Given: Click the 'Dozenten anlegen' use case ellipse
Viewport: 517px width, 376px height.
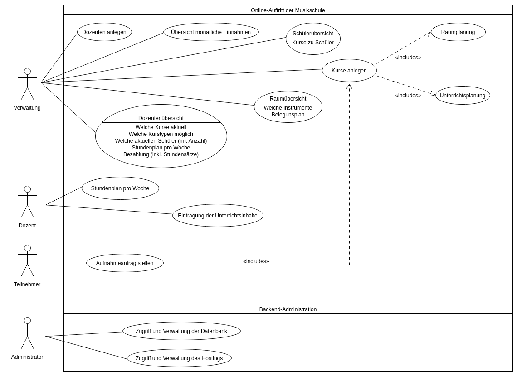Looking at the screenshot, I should (x=104, y=32).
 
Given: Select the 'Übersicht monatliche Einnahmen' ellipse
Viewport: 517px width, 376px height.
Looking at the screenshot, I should (x=211, y=32).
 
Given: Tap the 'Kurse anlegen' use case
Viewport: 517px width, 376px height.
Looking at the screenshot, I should (x=349, y=71).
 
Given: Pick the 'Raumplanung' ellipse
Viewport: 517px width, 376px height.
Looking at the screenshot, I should (x=458, y=32).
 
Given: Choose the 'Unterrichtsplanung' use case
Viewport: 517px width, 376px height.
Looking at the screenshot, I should (x=463, y=96).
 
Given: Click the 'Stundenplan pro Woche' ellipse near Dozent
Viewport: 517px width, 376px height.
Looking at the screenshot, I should (x=120, y=188).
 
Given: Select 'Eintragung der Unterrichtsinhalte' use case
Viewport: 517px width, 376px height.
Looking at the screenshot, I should (x=218, y=216).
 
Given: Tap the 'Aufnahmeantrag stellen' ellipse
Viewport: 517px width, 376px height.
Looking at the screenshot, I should (x=125, y=263).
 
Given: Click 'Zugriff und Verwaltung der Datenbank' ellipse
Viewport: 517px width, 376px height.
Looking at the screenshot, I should (x=181, y=331).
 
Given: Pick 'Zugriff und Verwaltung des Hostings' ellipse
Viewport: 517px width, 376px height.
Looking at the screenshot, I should (x=179, y=358).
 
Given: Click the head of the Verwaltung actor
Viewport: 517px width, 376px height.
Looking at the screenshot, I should (x=27, y=72).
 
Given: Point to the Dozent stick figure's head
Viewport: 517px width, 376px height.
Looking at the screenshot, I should (x=27, y=189).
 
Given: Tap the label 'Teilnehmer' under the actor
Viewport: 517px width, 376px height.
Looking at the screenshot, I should (x=27, y=284).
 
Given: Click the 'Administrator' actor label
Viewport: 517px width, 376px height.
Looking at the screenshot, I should (x=27, y=357).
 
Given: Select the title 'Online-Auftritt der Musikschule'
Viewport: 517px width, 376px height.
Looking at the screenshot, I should (x=288, y=10).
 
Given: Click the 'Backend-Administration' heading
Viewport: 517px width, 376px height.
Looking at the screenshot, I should (x=288, y=309).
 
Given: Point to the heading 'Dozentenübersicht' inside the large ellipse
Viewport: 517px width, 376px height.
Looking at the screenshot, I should (x=161, y=118).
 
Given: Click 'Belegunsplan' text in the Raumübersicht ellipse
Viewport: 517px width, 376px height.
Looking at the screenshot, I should (x=288, y=115).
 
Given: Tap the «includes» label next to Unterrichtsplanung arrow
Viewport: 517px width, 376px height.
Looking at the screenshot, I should (x=408, y=96).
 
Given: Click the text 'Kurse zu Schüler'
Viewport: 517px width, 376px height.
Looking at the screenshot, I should (x=313, y=43).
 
